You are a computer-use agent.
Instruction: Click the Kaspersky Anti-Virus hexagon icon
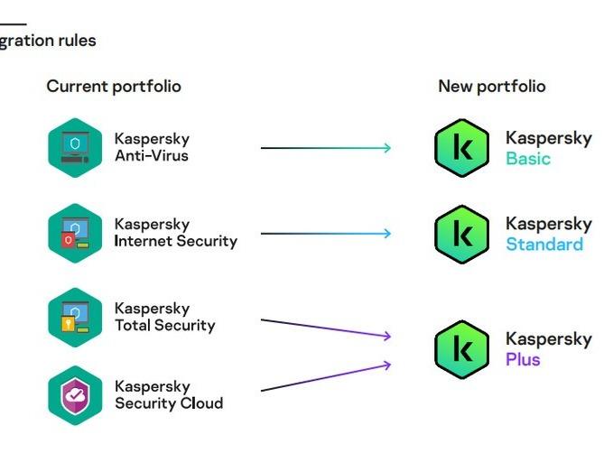coord(75,148)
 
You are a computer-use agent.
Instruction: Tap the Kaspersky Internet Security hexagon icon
coord(75,233)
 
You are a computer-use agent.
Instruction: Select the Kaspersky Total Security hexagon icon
coord(75,317)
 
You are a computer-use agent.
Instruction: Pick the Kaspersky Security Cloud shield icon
coord(75,395)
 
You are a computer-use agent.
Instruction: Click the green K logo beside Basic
coord(461,148)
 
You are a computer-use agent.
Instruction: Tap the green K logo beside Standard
coord(461,233)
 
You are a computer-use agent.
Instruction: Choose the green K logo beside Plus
coord(461,349)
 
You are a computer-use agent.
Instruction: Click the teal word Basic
coord(528,159)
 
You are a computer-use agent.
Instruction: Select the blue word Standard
coord(544,245)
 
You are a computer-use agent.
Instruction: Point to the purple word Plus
coord(523,359)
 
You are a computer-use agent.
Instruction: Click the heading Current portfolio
coord(114,87)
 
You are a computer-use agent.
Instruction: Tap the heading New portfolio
coord(492,87)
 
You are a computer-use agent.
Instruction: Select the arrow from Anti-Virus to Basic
coord(326,148)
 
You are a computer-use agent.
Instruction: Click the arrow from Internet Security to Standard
coord(326,234)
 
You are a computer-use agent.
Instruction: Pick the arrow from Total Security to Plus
coord(326,328)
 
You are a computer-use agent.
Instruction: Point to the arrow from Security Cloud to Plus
coord(326,378)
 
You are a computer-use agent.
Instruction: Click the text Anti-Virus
coord(152,155)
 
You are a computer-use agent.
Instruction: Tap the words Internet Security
coord(176,241)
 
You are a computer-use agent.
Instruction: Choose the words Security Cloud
coord(169,403)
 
